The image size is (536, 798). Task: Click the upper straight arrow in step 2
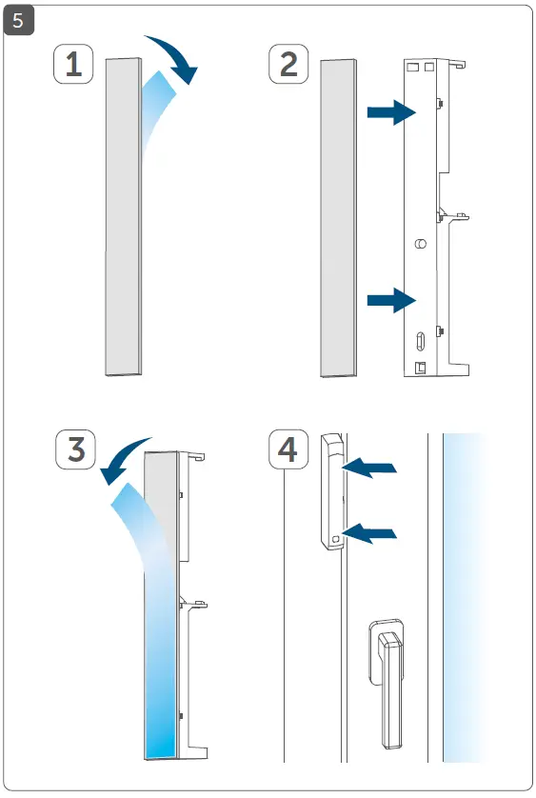(391, 113)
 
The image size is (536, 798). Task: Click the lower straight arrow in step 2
(391, 302)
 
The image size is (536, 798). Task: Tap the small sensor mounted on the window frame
(332, 491)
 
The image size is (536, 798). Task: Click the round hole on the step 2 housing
(421, 245)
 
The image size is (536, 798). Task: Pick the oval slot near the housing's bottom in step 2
(420, 340)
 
